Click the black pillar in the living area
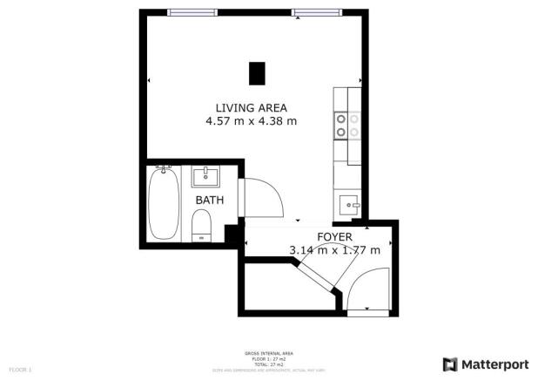click(x=257, y=73)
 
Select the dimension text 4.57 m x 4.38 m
click(x=251, y=121)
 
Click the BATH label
click(x=209, y=200)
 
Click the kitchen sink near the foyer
click(x=350, y=206)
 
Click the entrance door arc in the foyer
click(x=366, y=288)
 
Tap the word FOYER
click(x=334, y=236)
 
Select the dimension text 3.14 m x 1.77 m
click(x=334, y=250)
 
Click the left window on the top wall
click(x=193, y=12)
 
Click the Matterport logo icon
click(x=449, y=364)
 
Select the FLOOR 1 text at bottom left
click(x=19, y=370)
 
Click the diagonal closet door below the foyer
click(x=316, y=276)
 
